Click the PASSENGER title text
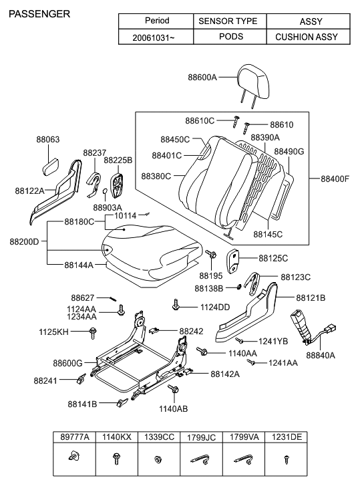pyautogui.click(x=39, y=13)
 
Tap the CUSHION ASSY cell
pyautogui.click(x=307, y=37)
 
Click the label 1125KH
pyautogui.click(x=52, y=332)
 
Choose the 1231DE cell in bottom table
pyautogui.click(x=286, y=437)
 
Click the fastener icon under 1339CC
pyautogui.click(x=158, y=460)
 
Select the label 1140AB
pyautogui.click(x=173, y=408)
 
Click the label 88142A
pyautogui.click(x=225, y=374)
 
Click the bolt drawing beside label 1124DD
pyautogui.click(x=176, y=305)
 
